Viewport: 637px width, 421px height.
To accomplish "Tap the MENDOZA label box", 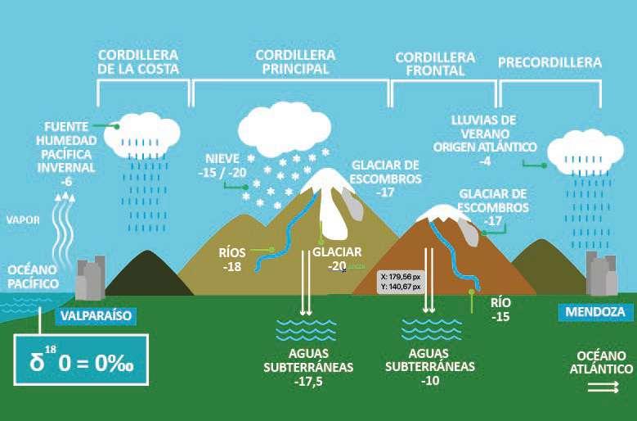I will [595, 312].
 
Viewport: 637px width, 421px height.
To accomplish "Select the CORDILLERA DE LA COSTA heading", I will [138, 62].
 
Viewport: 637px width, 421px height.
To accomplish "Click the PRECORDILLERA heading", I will [550, 62].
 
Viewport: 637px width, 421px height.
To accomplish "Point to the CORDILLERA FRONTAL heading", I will [434, 64].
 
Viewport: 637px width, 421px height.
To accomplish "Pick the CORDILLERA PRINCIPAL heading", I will [295, 62].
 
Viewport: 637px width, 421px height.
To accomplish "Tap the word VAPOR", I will [23, 220].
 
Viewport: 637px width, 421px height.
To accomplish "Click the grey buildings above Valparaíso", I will [90, 278].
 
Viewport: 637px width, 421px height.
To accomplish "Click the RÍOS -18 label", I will [233, 260].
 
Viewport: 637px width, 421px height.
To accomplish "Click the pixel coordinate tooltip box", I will [400, 281].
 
